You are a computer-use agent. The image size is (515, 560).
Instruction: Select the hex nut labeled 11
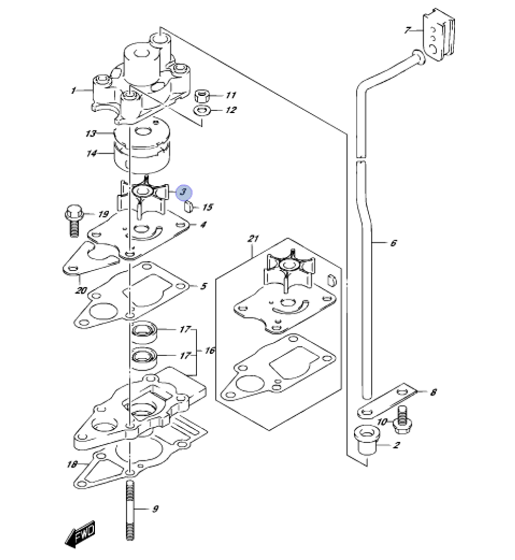pyautogui.click(x=202, y=96)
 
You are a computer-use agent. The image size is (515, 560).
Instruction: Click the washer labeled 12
pyautogui.click(x=201, y=110)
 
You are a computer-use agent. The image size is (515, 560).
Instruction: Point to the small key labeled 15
pyautogui.click(x=189, y=207)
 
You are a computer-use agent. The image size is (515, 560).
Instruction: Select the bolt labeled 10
pyautogui.click(x=402, y=419)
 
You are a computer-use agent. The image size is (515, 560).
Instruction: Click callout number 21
pyautogui.click(x=253, y=239)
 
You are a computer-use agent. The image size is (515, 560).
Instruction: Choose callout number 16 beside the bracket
pyautogui.click(x=210, y=351)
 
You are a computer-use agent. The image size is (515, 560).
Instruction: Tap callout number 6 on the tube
pyautogui.click(x=393, y=243)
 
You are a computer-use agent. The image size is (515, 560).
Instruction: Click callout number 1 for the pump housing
pyautogui.click(x=73, y=91)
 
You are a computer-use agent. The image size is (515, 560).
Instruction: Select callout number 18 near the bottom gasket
pyautogui.click(x=72, y=465)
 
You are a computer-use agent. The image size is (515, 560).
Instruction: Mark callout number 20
pyautogui.click(x=81, y=291)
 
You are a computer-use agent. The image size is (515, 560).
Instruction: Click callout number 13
pyautogui.click(x=91, y=134)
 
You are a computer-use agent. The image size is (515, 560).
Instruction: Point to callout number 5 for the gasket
pyautogui.click(x=203, y=286)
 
